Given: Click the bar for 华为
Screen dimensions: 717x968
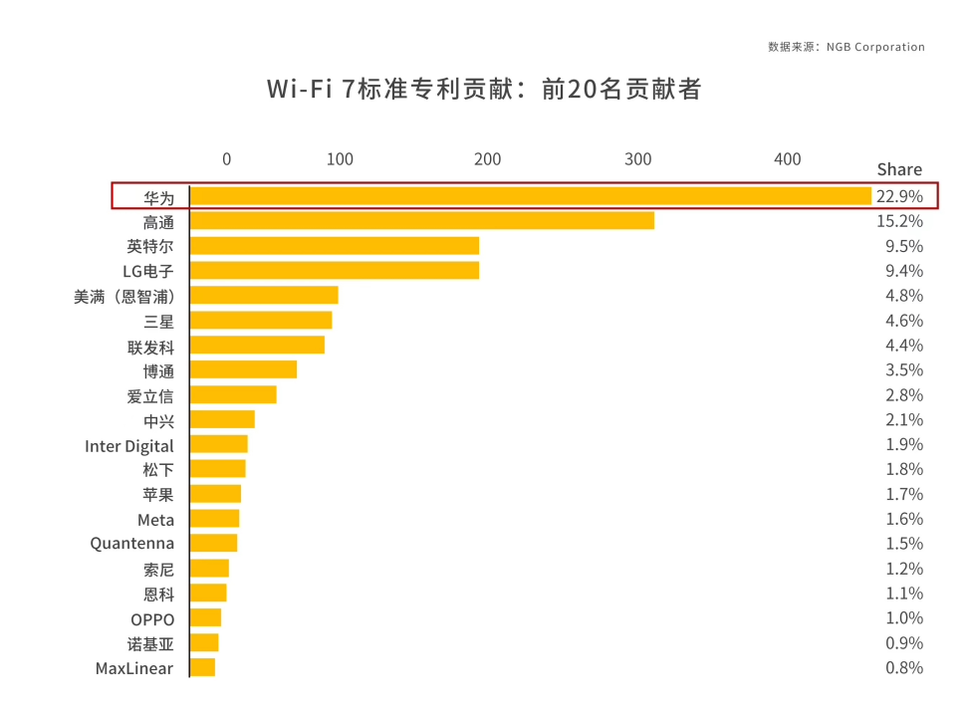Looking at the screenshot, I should [530, 196].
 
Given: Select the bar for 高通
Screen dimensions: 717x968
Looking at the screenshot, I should [421, 221].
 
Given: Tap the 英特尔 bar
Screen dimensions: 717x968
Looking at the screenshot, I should [334, 246].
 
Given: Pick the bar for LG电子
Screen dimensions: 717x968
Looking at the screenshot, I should [334, 271].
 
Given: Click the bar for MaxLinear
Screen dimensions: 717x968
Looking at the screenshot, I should [202, 668].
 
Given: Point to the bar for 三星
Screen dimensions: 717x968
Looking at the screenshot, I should [260, 321].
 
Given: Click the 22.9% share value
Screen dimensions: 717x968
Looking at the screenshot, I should [899, 196].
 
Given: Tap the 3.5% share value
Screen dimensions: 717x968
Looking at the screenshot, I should [903, 370].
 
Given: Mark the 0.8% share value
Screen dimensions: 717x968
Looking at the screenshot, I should [903, 668].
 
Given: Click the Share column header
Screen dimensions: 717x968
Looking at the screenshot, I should [899, 169].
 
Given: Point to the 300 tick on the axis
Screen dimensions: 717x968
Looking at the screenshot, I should [637, 159].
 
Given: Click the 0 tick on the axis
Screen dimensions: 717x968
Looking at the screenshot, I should [226, 159].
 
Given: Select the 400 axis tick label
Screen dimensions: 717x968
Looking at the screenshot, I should [787, 159].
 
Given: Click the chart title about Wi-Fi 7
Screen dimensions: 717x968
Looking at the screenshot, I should [484, 90].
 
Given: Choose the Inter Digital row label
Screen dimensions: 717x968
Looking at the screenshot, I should [129, 445].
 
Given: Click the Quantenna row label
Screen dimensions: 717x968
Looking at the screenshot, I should [131, 544].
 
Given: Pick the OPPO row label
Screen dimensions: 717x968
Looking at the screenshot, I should [152, 618].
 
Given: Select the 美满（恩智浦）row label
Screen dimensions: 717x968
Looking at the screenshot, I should [123, 296].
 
